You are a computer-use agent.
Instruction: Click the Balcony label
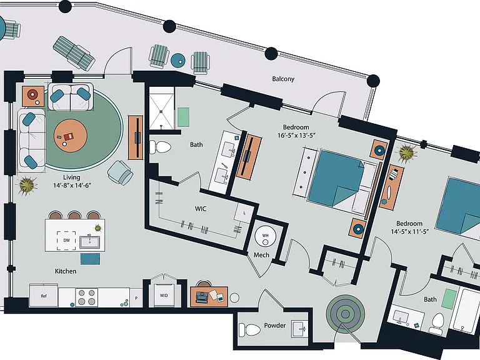pos(283,79)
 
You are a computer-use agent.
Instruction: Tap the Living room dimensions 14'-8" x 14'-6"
pos(72,185)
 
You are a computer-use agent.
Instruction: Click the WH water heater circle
pos(266,236)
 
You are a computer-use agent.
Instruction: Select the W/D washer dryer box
pos(164,296)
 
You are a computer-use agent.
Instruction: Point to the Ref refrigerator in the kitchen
pos(44,296)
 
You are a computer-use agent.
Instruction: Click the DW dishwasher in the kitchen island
pos(66,241)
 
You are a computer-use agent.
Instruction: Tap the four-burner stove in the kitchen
pos(87,297)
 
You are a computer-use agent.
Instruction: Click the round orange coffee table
pos(71,136)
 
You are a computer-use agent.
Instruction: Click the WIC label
pos(201,209)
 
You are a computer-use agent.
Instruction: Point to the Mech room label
pos(261,255)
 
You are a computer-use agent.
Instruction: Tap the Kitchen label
pos(66,271)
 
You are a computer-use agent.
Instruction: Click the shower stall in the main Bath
pos(162,112)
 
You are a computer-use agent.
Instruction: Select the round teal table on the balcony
pos(178,60)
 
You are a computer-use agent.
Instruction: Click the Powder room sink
pos(299,329)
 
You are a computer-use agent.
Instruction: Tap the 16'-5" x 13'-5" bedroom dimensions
pos(296,135)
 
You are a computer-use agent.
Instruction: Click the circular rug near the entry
pos(345,314)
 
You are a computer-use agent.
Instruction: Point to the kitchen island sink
pos(89,242)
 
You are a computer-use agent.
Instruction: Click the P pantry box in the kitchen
pos(136,297)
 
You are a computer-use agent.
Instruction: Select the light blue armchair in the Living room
pos(120,173)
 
